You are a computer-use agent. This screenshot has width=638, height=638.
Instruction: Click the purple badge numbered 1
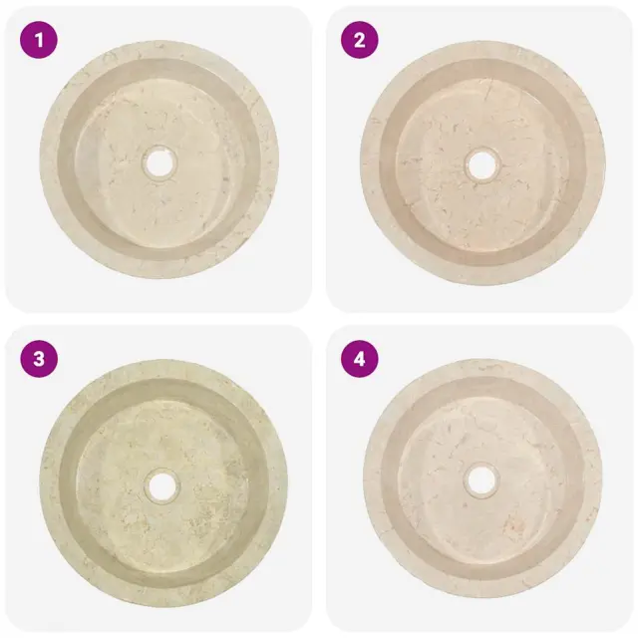(39, 40)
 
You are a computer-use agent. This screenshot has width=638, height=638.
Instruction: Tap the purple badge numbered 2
(359, 40)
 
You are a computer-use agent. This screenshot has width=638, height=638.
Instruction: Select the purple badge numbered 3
(39, 359)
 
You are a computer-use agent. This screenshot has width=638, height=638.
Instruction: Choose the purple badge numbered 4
(359, 359)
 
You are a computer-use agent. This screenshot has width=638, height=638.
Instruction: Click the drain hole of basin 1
(159, 162)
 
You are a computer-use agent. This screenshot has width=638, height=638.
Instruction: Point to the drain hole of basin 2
(482, 165)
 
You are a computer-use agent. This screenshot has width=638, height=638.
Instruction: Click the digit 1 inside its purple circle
(39, 40)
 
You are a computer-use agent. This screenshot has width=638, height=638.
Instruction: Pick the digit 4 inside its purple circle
(360, 359)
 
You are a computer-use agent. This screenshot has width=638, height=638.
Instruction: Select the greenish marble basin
(163, 482)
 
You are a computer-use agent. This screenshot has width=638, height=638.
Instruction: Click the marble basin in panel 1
(159, 159)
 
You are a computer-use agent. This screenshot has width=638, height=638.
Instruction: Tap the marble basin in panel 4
(482, 478)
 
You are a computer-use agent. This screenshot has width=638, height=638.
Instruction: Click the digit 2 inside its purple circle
(360, 40)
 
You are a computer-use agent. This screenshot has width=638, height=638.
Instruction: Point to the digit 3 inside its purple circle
(39, 359)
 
